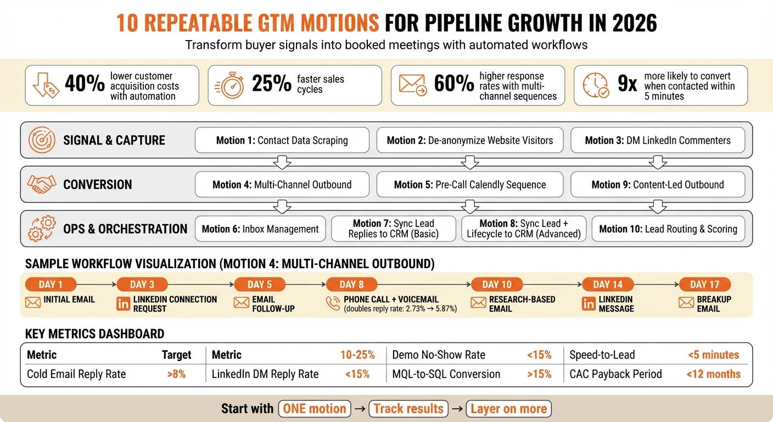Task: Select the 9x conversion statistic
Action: (627, 84)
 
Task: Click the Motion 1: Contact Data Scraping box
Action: (282, 140)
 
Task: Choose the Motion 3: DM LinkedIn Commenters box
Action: (658, 140)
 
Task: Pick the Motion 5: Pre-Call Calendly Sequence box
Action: (469, 185)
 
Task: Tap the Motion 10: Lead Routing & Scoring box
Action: (668, 229)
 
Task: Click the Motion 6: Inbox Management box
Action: (260, 229)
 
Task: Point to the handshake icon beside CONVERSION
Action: (41, 185)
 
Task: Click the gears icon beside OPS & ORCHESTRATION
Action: (41, 229)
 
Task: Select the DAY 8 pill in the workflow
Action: (351, 284)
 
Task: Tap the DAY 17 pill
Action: (705, 284)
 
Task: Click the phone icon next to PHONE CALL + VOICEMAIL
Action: (333, 303)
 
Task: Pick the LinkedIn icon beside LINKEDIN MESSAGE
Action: (589, 303)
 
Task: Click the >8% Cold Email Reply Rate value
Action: (176, 374)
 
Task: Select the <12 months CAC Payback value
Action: (713, 374)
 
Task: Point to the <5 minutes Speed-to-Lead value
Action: (713, 355)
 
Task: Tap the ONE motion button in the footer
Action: (315, 409)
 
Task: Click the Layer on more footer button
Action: (508, 409)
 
